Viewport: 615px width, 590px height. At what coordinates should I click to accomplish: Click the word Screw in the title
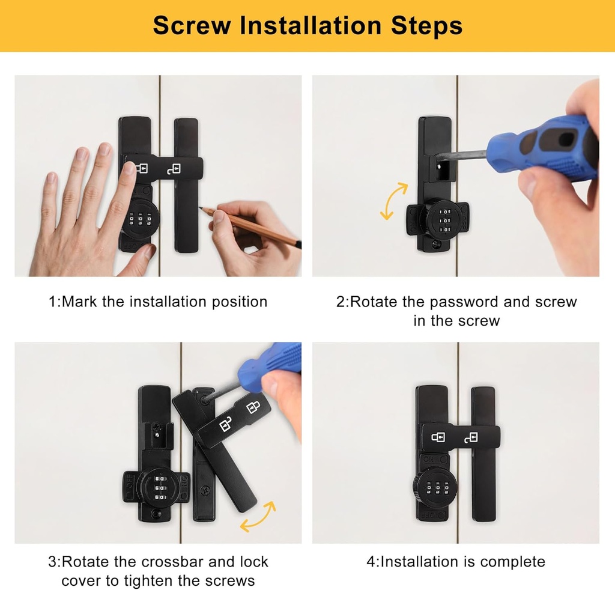point(192,25)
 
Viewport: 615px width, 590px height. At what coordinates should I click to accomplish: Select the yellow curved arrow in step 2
point(394,201)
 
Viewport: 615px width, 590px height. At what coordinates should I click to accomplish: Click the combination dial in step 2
point(445,220)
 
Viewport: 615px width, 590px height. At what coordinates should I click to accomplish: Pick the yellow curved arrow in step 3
point(258,517)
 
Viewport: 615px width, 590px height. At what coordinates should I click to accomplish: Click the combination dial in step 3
point(161,488)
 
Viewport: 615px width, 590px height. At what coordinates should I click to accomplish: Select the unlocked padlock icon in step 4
point(471,437)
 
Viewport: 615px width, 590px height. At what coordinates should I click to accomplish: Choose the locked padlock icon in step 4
point(438,437)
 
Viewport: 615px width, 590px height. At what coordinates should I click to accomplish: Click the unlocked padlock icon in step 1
point(174,169)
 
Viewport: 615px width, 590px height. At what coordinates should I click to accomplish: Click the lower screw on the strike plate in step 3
point(205,490)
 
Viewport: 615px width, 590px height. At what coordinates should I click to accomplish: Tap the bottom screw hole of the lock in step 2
point(436,245)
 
